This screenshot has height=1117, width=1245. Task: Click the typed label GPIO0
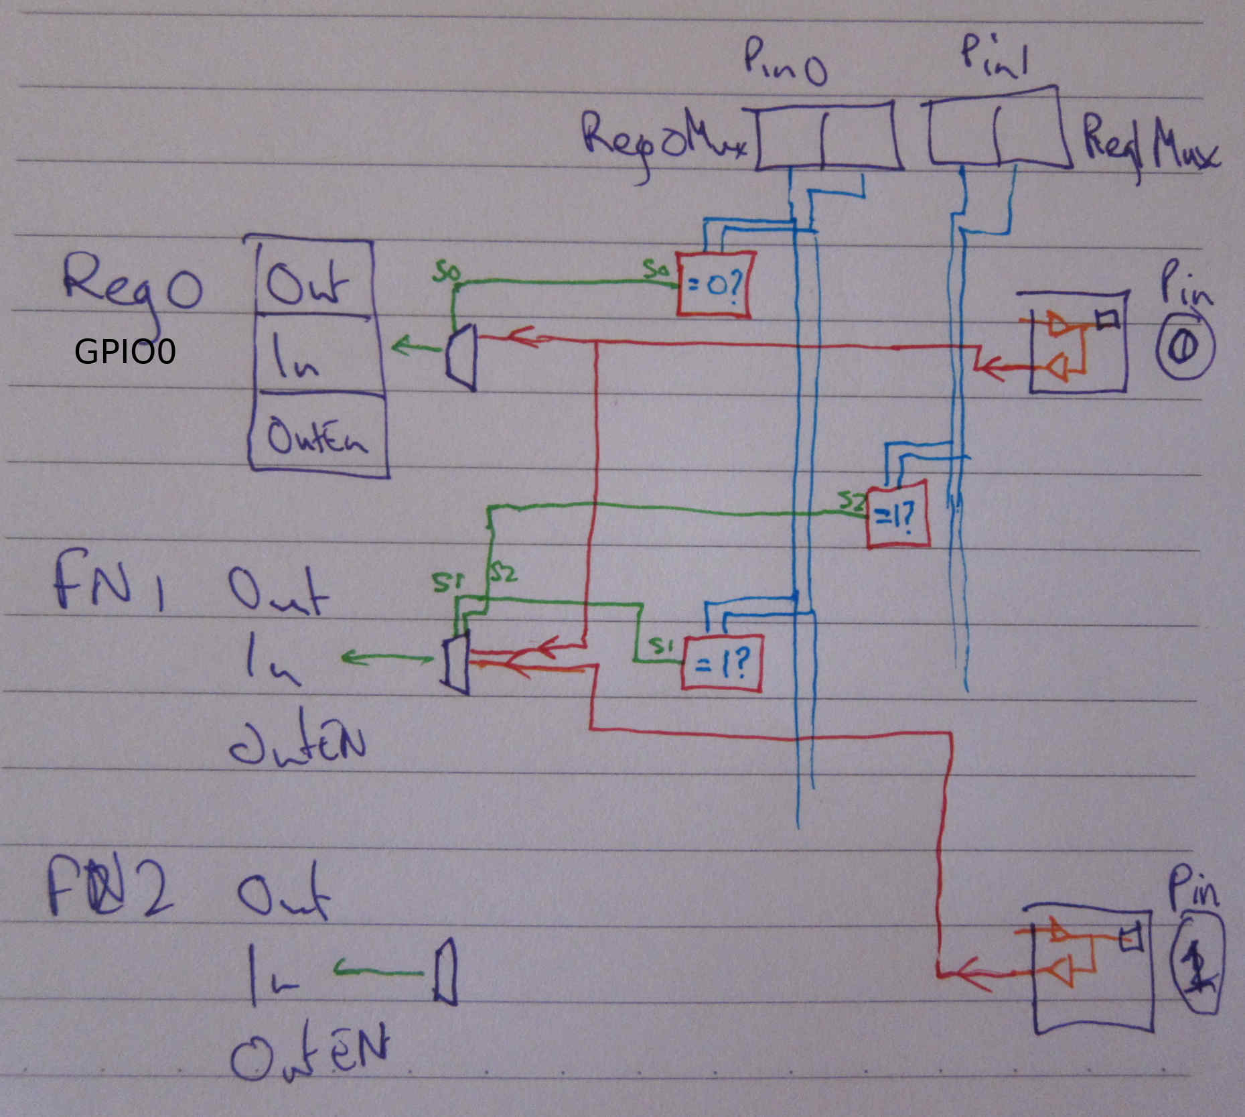(x=125, y=351)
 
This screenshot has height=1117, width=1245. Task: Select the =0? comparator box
(x=714, y=283)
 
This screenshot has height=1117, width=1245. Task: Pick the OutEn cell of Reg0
(x=318, y=432)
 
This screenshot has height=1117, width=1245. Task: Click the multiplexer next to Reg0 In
(x=461, y=357)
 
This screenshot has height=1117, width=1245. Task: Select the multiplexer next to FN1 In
(x=456, y=663)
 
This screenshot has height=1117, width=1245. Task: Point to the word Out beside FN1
(x=278, y=593)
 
